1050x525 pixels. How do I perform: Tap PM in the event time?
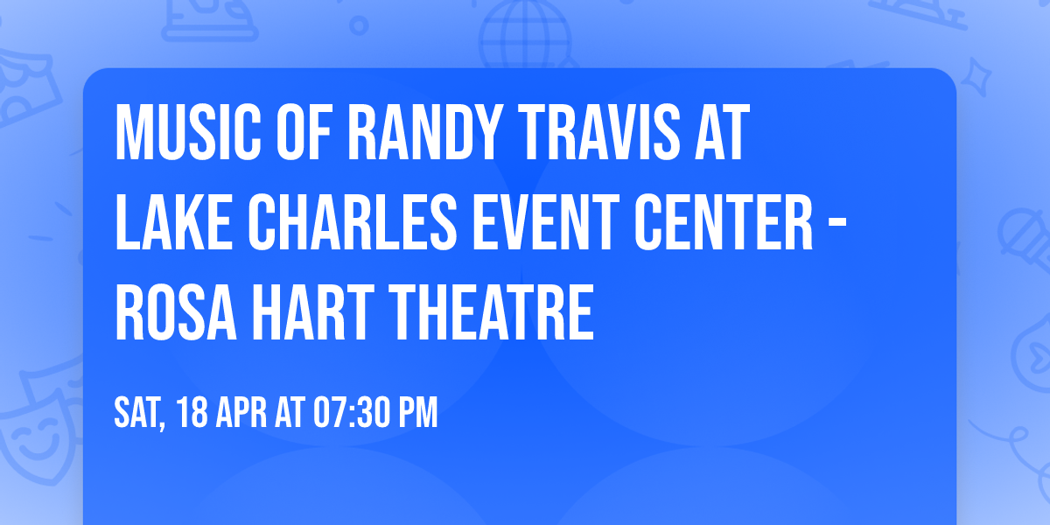tap(417, 413)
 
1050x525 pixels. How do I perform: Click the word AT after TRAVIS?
tap(720, 132)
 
